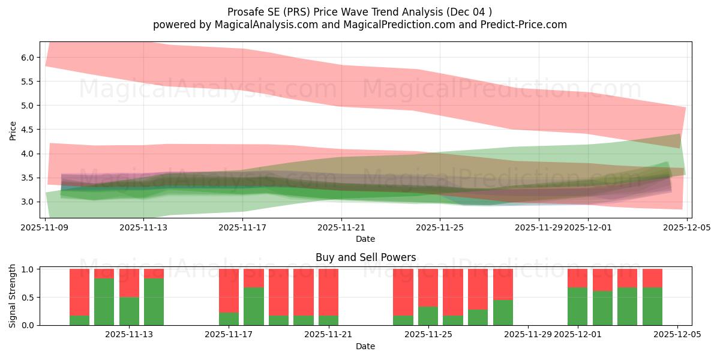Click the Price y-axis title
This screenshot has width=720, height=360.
[x=13, y=130]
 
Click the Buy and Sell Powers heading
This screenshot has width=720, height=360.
[x=365, y=257]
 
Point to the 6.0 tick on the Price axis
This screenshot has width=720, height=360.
[x=28, y=58]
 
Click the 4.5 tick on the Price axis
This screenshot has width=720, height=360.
[x=28, y=130]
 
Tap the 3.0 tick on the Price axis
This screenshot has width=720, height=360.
[x=28, y=202]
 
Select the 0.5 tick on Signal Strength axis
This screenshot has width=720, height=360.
[x=28, y=298]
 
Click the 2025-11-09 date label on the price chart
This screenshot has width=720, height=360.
[x=45, y=227]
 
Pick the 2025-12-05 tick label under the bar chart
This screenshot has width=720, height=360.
[x=677, y=335]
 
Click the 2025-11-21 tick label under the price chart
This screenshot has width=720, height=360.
[x=341, y=227]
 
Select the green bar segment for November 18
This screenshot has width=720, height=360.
[x=254, y=306]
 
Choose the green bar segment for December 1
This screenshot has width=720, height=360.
[x=577, y=306]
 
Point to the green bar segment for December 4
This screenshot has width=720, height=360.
[x=652, y=306]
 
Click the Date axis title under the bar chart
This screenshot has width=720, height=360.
[x=365, y=346]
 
